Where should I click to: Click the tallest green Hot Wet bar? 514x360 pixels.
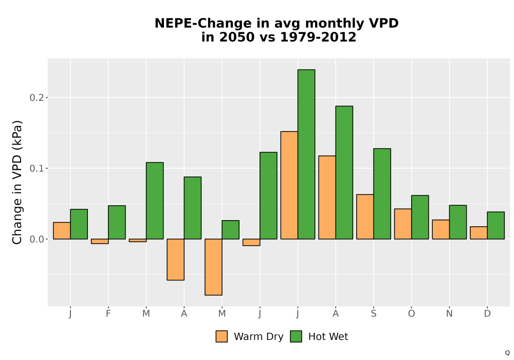point(306,154)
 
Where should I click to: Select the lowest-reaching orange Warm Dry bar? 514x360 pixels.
point(213,267)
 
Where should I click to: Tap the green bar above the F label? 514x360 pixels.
point(117,222)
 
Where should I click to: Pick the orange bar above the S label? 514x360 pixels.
point(365,217)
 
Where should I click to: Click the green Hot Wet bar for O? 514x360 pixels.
point(420,217)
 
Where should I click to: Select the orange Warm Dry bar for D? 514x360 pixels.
point(479,233)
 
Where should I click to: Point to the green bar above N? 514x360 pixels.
point(458,222)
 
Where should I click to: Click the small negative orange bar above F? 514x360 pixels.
point(100,241)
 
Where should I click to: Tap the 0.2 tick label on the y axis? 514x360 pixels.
point(36,97)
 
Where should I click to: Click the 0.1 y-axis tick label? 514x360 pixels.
point(36,168)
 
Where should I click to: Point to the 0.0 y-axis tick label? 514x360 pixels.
point(36,239)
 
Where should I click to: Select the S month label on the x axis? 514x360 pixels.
point(373,314)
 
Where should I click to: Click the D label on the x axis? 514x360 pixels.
point(487,314)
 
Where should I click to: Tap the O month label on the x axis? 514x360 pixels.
point(411,314)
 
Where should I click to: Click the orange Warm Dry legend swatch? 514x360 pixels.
point(222,336)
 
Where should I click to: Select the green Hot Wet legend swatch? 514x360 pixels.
point(296,336)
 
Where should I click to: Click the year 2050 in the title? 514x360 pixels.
point(237,37)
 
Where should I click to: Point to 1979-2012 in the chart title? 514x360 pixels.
point(318,37)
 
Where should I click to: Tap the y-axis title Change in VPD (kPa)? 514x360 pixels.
point(17,183)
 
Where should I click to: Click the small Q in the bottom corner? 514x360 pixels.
point(507,353)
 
